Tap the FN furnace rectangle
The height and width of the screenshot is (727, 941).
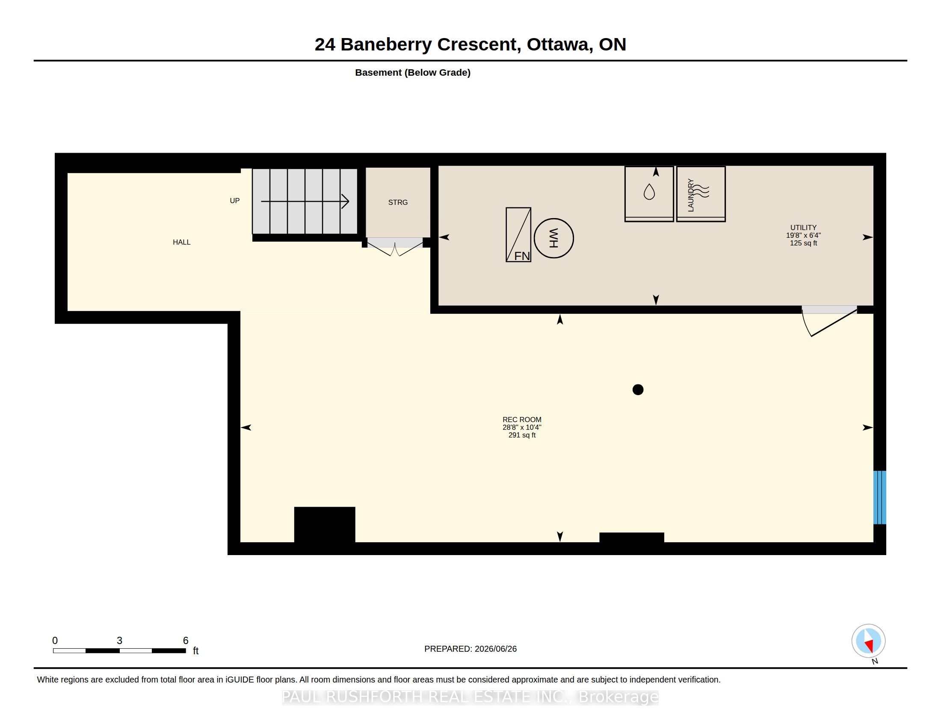[518, 235]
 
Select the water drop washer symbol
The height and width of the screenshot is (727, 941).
[649, 192]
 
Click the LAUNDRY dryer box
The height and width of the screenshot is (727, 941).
[701, 194]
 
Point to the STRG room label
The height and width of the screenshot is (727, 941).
[398, 202]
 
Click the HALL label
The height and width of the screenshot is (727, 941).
[181, 242]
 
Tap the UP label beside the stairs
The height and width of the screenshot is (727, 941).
[234, 201]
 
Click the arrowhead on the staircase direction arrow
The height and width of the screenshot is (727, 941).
[346, 201]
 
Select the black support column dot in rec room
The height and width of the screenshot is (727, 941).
[638, 390]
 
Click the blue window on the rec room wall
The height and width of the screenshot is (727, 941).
[879, 497]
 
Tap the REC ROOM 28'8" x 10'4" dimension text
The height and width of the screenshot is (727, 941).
[522, 427]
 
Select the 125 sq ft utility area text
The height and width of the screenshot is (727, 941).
[804, 243]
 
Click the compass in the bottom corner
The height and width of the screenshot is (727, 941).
[869, 641]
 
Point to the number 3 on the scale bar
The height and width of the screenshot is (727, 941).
[119, 641]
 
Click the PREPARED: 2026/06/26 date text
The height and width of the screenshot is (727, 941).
[470, 649]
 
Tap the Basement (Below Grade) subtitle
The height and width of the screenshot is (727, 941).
[413, 73]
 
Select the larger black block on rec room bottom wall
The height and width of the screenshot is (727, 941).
[325, 525]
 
